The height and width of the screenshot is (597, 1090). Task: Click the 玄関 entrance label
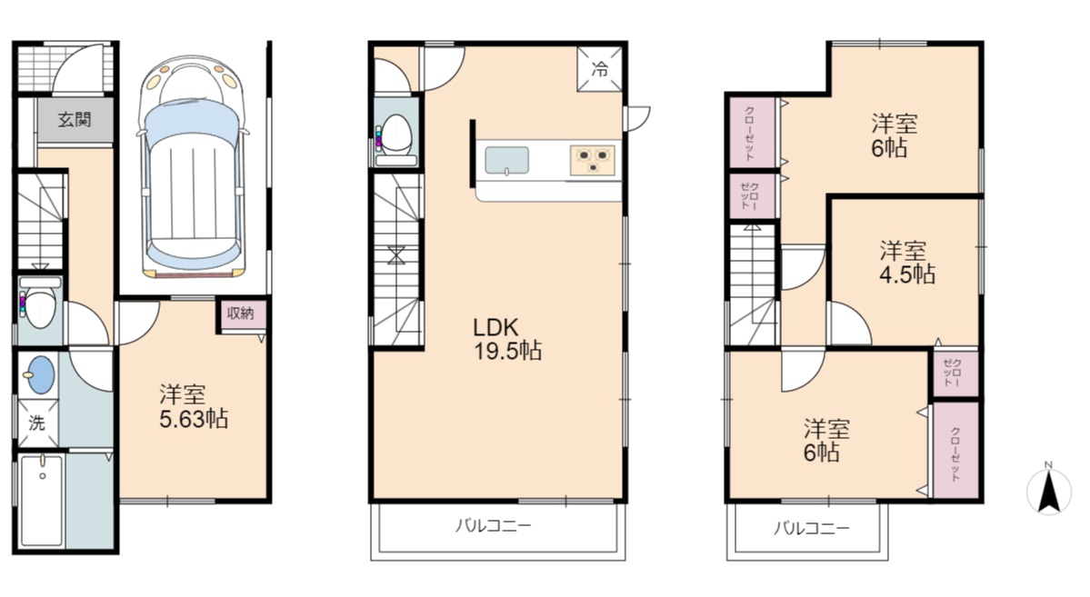tap(75, 120)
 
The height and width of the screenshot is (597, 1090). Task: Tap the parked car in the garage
tap(193, 167)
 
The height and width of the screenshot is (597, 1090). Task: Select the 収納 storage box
tap(241, 314)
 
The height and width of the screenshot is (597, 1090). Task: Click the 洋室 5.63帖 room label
tap(194, 406)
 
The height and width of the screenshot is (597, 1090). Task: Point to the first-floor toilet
tap(37, 303)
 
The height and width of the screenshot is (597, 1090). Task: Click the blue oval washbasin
tap(40, 374)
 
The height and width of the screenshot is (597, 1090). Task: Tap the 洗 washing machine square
tap(37, 423)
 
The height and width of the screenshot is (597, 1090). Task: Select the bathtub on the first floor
tap(42, 500)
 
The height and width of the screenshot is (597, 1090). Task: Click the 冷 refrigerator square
tap(599, 69)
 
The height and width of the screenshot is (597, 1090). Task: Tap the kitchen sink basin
tap(506, 161)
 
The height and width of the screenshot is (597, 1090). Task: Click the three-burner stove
tap(593, 161)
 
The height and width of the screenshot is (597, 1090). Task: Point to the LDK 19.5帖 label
tap(507, 338)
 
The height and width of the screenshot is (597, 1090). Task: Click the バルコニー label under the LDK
tap(493, 525)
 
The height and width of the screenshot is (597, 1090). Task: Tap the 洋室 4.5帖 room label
tap(906, 262)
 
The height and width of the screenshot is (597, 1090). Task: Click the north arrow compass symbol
tap(1048, 489)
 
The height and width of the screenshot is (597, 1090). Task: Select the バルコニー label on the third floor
tap(811, 528)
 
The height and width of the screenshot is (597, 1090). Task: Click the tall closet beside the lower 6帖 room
tap(955, 451)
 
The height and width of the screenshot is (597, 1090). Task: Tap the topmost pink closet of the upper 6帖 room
tap(752, 133)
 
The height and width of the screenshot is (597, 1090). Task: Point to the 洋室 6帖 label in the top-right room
tap(894, 135)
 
